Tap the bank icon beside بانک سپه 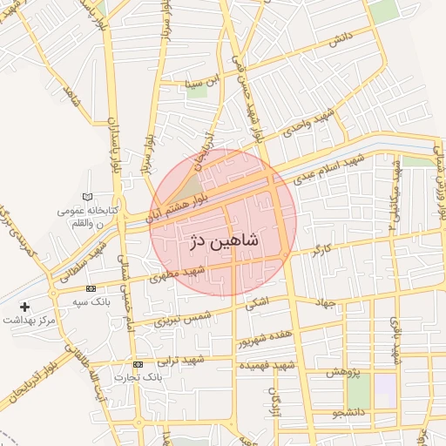point(91,288)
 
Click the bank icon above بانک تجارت point(138,363)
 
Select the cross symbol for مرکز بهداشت point(24,307)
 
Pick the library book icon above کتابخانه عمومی point(85,198)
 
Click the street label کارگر point(321,253)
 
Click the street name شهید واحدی point(304,127)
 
